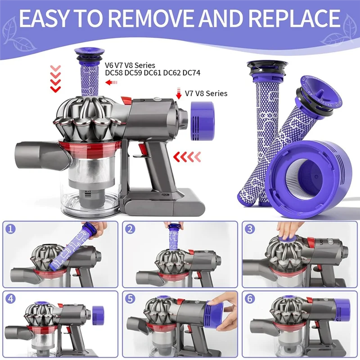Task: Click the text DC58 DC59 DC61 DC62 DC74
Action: coord(152,72)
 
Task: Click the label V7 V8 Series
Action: coord(207,94)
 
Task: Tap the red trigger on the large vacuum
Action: coord(143,148)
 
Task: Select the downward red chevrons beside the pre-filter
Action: coord(56,78)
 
